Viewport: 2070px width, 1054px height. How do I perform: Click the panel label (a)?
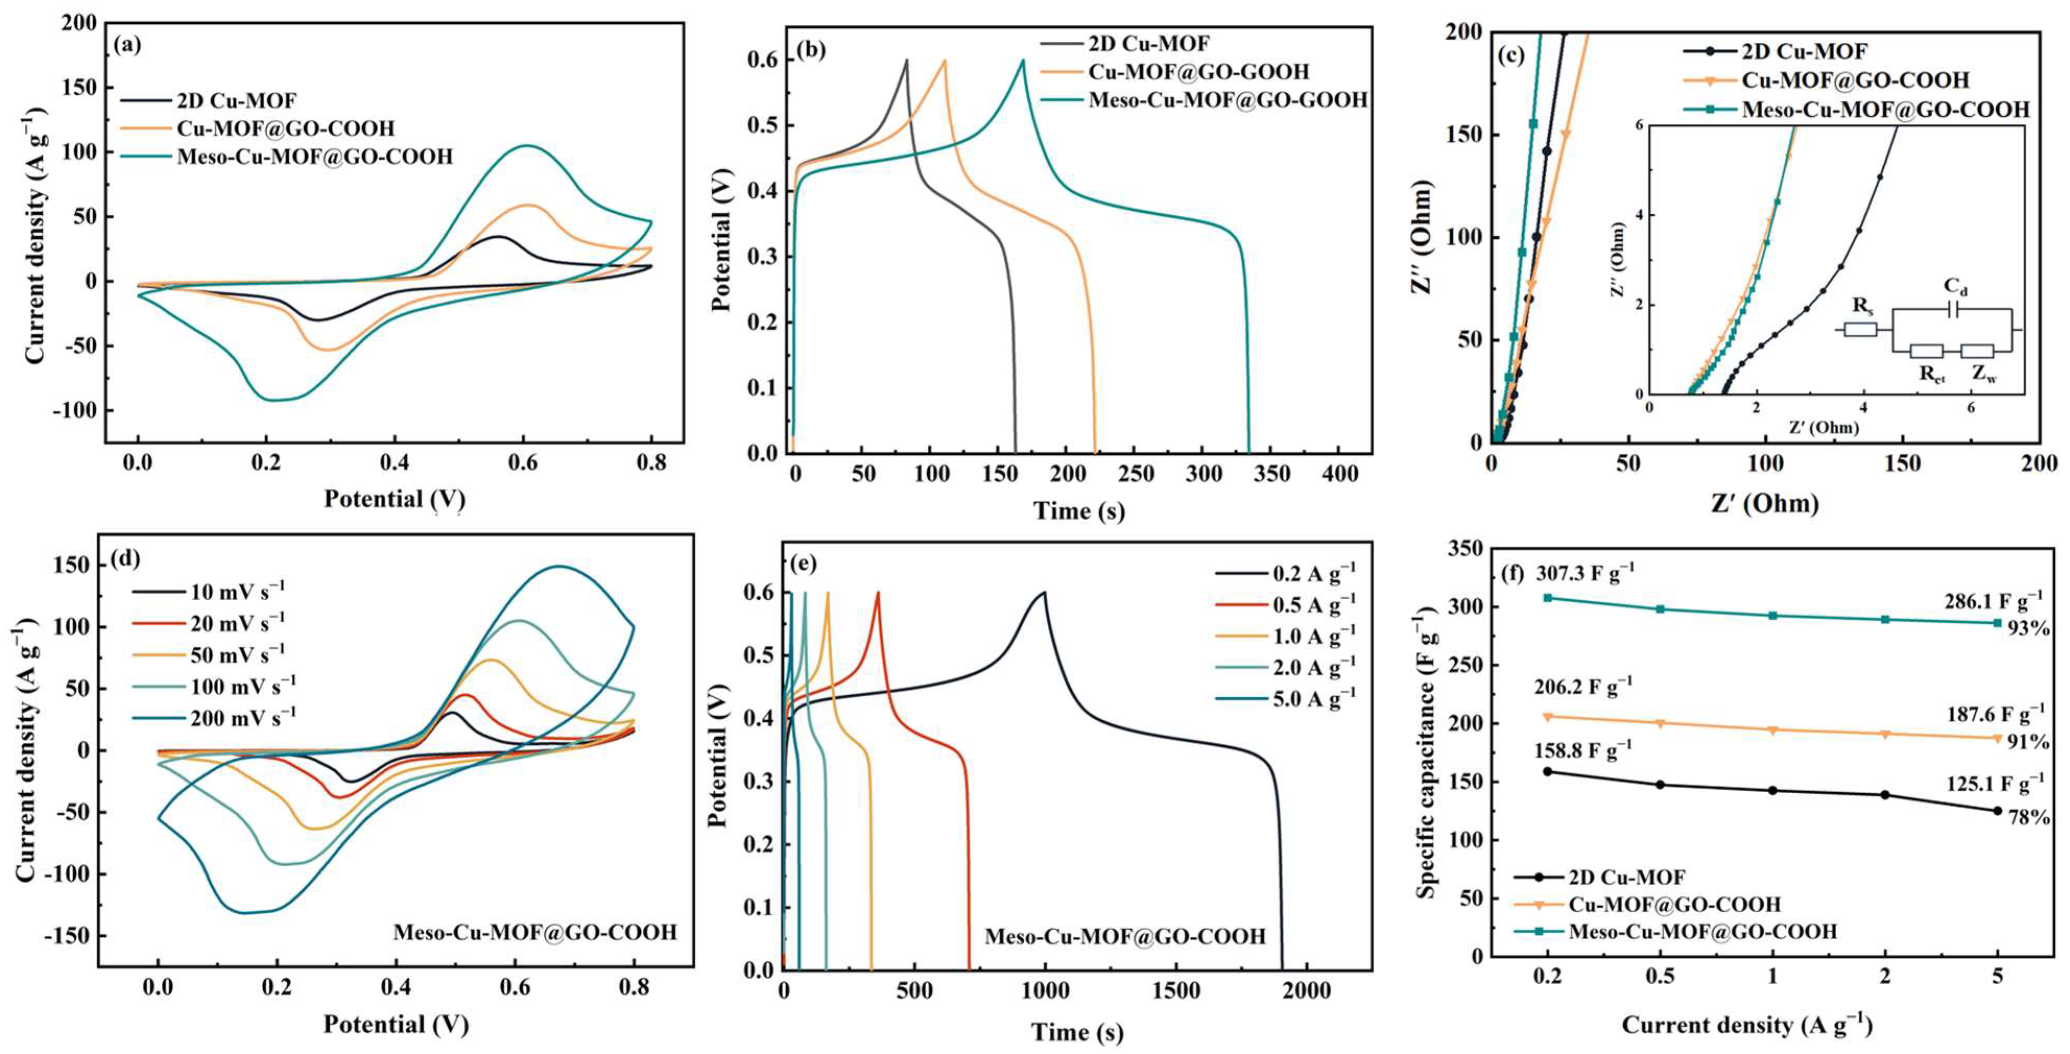(x=128, y=46)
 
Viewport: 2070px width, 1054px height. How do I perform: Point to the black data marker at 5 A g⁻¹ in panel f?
(x=1997, y=810)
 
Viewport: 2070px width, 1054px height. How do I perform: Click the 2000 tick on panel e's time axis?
(x=1307, y=991)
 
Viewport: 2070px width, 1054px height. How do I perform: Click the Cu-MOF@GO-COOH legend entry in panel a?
(x=286, y=128)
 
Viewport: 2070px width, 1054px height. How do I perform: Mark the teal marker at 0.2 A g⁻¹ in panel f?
(x=1547, y=598)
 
